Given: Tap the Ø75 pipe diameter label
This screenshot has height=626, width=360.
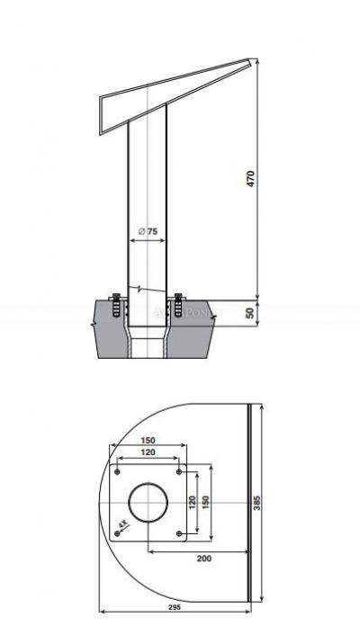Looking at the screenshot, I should [148, 232].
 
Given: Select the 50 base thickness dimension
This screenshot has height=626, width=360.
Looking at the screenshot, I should [250, 312].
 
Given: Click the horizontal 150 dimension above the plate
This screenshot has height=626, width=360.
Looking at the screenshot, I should [148, 441].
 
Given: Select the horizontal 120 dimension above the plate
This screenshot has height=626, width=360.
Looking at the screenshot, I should [148, 452].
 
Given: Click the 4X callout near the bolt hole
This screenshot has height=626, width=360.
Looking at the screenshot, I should [123, 524].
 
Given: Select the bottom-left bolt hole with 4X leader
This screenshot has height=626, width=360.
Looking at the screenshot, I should [118, 532].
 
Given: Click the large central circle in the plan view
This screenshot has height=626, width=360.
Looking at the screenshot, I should [148, 502].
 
